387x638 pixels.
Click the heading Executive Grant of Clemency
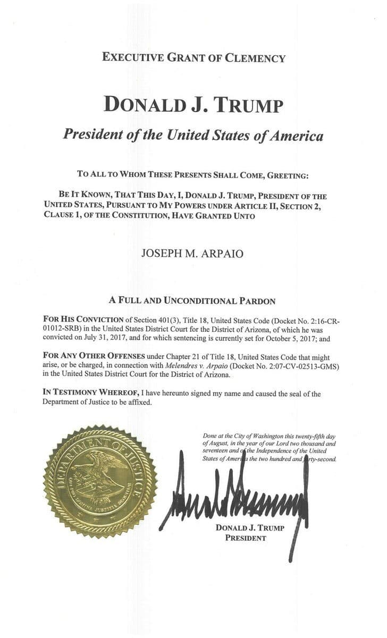(x=193, y=58)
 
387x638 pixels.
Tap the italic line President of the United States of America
(x=193, y=135)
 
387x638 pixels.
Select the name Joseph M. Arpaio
(x=192, y=253)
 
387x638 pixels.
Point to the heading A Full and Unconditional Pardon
(x=192, y=300)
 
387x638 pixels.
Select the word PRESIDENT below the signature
(x=246, y=538)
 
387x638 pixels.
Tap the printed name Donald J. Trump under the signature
(x=250, y=528)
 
